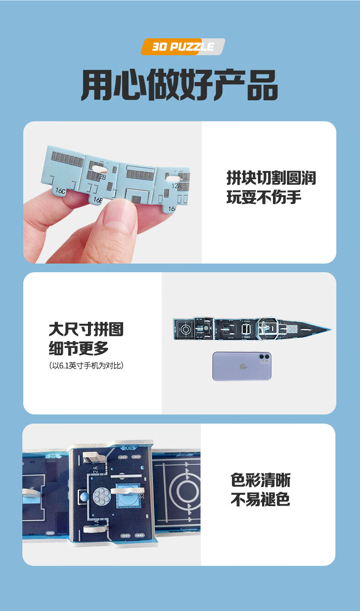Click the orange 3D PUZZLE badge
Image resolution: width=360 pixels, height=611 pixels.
coord(183,47)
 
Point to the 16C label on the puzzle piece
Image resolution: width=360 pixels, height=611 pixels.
coord(59,191)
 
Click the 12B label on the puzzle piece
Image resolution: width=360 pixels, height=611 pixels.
coord(101,176)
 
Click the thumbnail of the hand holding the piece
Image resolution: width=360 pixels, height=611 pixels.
coord(112,192)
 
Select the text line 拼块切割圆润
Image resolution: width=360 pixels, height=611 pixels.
coord(271,178)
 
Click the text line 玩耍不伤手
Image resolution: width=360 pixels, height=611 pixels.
coord(264,198)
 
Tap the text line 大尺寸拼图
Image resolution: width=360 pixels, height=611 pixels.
coord(86,329)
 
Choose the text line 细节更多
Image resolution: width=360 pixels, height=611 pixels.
coord(79,348)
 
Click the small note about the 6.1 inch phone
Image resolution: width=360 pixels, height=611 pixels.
coord(86,366)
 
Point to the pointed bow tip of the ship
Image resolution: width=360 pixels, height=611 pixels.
coord(329,328)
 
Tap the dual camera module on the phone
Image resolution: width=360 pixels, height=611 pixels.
coord(264,358)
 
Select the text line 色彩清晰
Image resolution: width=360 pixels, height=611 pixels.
coord(260,480)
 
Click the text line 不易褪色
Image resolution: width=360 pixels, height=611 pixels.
coord(260,500)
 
